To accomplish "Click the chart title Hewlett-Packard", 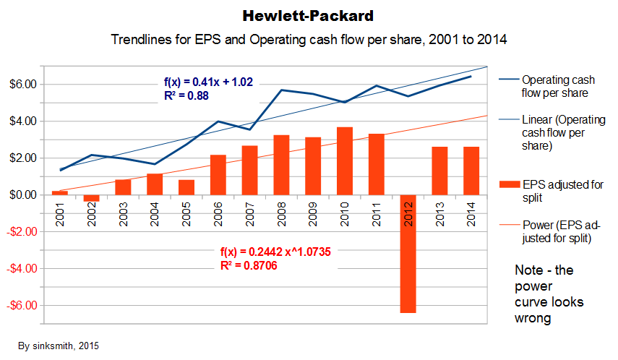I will (x=309, y=14).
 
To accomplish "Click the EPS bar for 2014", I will (x=471, y=171).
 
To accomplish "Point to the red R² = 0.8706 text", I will (x=248, y=266).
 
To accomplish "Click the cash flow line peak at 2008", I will (x=281, y=90).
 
